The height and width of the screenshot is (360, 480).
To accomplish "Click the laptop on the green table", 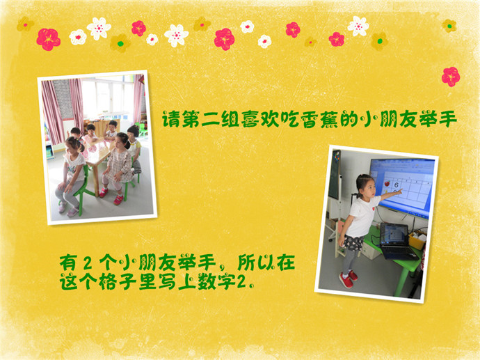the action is pyautogui.click(x=397, y=241).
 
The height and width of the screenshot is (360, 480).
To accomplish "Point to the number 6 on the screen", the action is pyautogui.click(x=397, y=185).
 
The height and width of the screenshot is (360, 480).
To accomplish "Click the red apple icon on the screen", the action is pyautogui.click(x=387, y=184).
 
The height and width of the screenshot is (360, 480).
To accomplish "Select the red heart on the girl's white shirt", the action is pyautogui.click(x=373, y=208).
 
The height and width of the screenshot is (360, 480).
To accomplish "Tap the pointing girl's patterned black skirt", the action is pyautogui.click(x=353, y=243).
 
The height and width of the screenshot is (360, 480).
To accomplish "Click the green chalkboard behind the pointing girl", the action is pyautogui.click(x=335, y=175).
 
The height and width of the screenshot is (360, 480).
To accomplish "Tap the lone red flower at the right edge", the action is pyautogui.click(x=451, y=77).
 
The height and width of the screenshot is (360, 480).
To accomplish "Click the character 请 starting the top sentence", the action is pyautogui.click(x=171, y=119).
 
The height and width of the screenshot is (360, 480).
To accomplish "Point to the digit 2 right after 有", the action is pyautogui.click(x=88, y=263).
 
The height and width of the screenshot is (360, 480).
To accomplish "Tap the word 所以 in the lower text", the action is pyautogui.click(x=256, y=263).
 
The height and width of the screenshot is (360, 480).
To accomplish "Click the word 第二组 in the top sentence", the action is pyautogui.click(x=211, y=119).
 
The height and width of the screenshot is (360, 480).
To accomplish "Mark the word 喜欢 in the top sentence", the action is pyautogui.click(x=260, y=119).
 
